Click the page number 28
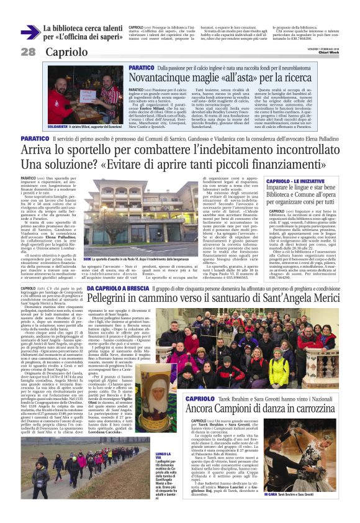point(29,52)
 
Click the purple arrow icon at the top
point(29,32)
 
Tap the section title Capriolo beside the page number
point(66,52)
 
